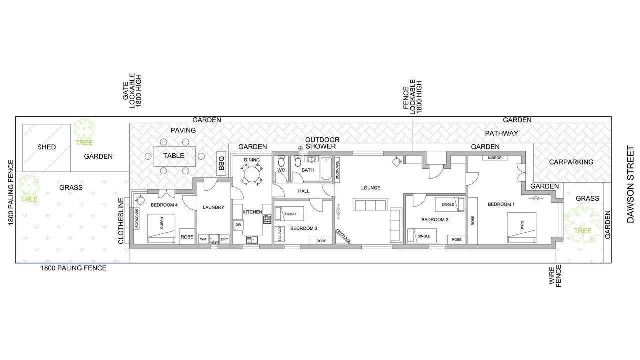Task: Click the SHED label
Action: point(46,147)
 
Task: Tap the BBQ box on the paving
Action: point(221,163)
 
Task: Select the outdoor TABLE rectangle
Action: point(175,156)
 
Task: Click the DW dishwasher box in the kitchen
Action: point(238,225)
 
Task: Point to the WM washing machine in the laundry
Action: point(203,239)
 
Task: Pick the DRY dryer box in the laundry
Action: point(224,239)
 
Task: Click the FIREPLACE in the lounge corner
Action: point(343,236)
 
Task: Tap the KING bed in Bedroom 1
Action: point(521,227)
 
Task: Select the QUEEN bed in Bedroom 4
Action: point(161,228)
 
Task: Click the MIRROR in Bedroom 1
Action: point(495,158)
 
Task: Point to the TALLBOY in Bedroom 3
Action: point(280,234)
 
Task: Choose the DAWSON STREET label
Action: point(630,184)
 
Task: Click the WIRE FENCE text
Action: point(555,276)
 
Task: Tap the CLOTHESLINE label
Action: point(121,221)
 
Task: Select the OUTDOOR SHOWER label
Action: point(322,143)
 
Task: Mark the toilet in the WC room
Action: point(281,161)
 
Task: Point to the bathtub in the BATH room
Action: point(326,168)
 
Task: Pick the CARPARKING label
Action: point(571,162)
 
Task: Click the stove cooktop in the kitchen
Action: point(267,219)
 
